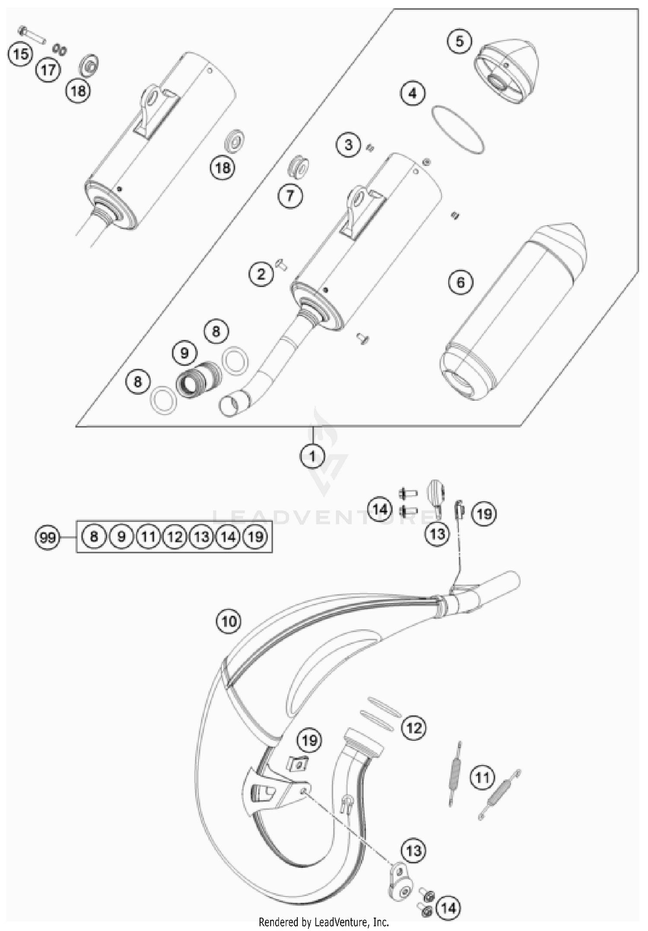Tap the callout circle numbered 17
coord(48,69)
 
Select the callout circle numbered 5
coord(460,42)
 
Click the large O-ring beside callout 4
coord(457,129)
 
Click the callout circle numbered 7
coord(290,196)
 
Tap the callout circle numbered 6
coord(461,282)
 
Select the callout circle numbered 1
coord(312,456)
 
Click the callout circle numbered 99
coord(48,537)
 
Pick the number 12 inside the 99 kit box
coord(175,537)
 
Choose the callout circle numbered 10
coord(229,621)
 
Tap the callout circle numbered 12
coord(414,728)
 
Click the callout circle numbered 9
coord(184,353)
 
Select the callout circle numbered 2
coord(261,274)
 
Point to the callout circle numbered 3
coord(349,145)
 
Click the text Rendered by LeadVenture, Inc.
coord(324,922)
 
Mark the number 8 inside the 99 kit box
coord(94,537)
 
